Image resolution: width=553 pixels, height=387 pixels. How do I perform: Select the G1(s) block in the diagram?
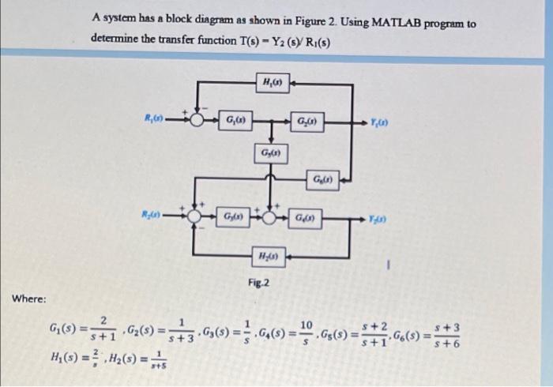(234, 121)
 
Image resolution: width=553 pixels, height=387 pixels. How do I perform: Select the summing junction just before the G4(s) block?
(272, 216)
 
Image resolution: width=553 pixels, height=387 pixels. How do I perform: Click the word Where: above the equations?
(29, 299)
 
